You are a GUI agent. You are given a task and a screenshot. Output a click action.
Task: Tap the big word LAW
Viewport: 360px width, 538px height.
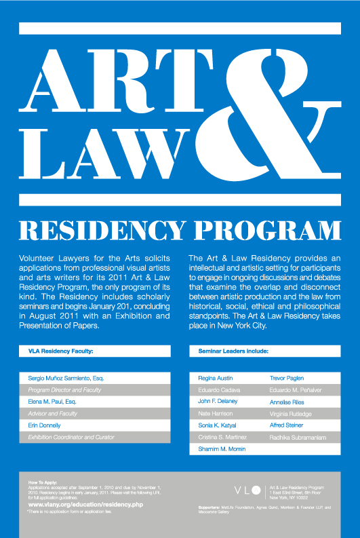102,151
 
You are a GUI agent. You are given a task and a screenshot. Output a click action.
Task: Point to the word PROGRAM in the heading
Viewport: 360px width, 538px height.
264,231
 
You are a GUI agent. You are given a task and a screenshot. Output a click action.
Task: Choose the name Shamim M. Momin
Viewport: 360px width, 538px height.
220,450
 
